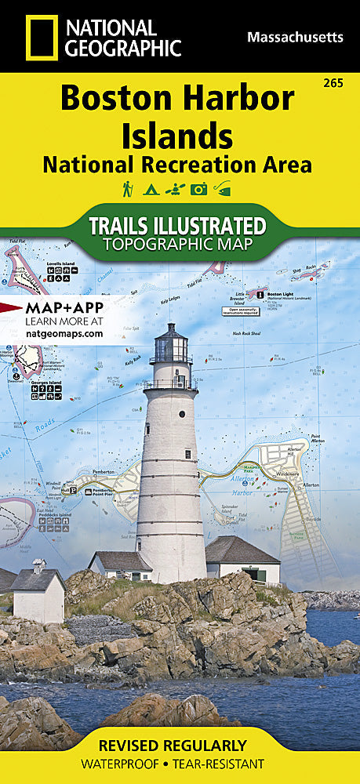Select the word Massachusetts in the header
point(295,37)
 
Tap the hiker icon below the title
point(128,189)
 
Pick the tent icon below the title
point(151,189)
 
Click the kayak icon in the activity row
point(174,189)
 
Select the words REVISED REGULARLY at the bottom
point(180,745)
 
